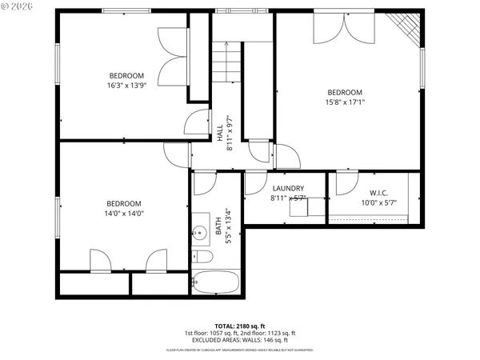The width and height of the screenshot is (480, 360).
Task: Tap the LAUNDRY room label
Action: click(287, 189)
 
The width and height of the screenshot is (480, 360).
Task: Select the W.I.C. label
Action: click(378, 193)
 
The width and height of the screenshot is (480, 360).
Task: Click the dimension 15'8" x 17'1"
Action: click(344, 102)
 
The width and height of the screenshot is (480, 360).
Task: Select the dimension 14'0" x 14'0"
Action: click(124, 213)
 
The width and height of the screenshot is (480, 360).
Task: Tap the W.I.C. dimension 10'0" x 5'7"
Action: click(378, 202)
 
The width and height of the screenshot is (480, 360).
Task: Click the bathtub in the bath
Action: click(215, 282)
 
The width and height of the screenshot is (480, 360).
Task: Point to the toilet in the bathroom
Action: click(202, 257)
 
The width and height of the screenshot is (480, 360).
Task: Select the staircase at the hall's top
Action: click(226, 60)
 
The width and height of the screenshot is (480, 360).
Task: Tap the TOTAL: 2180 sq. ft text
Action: click(240, 326)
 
